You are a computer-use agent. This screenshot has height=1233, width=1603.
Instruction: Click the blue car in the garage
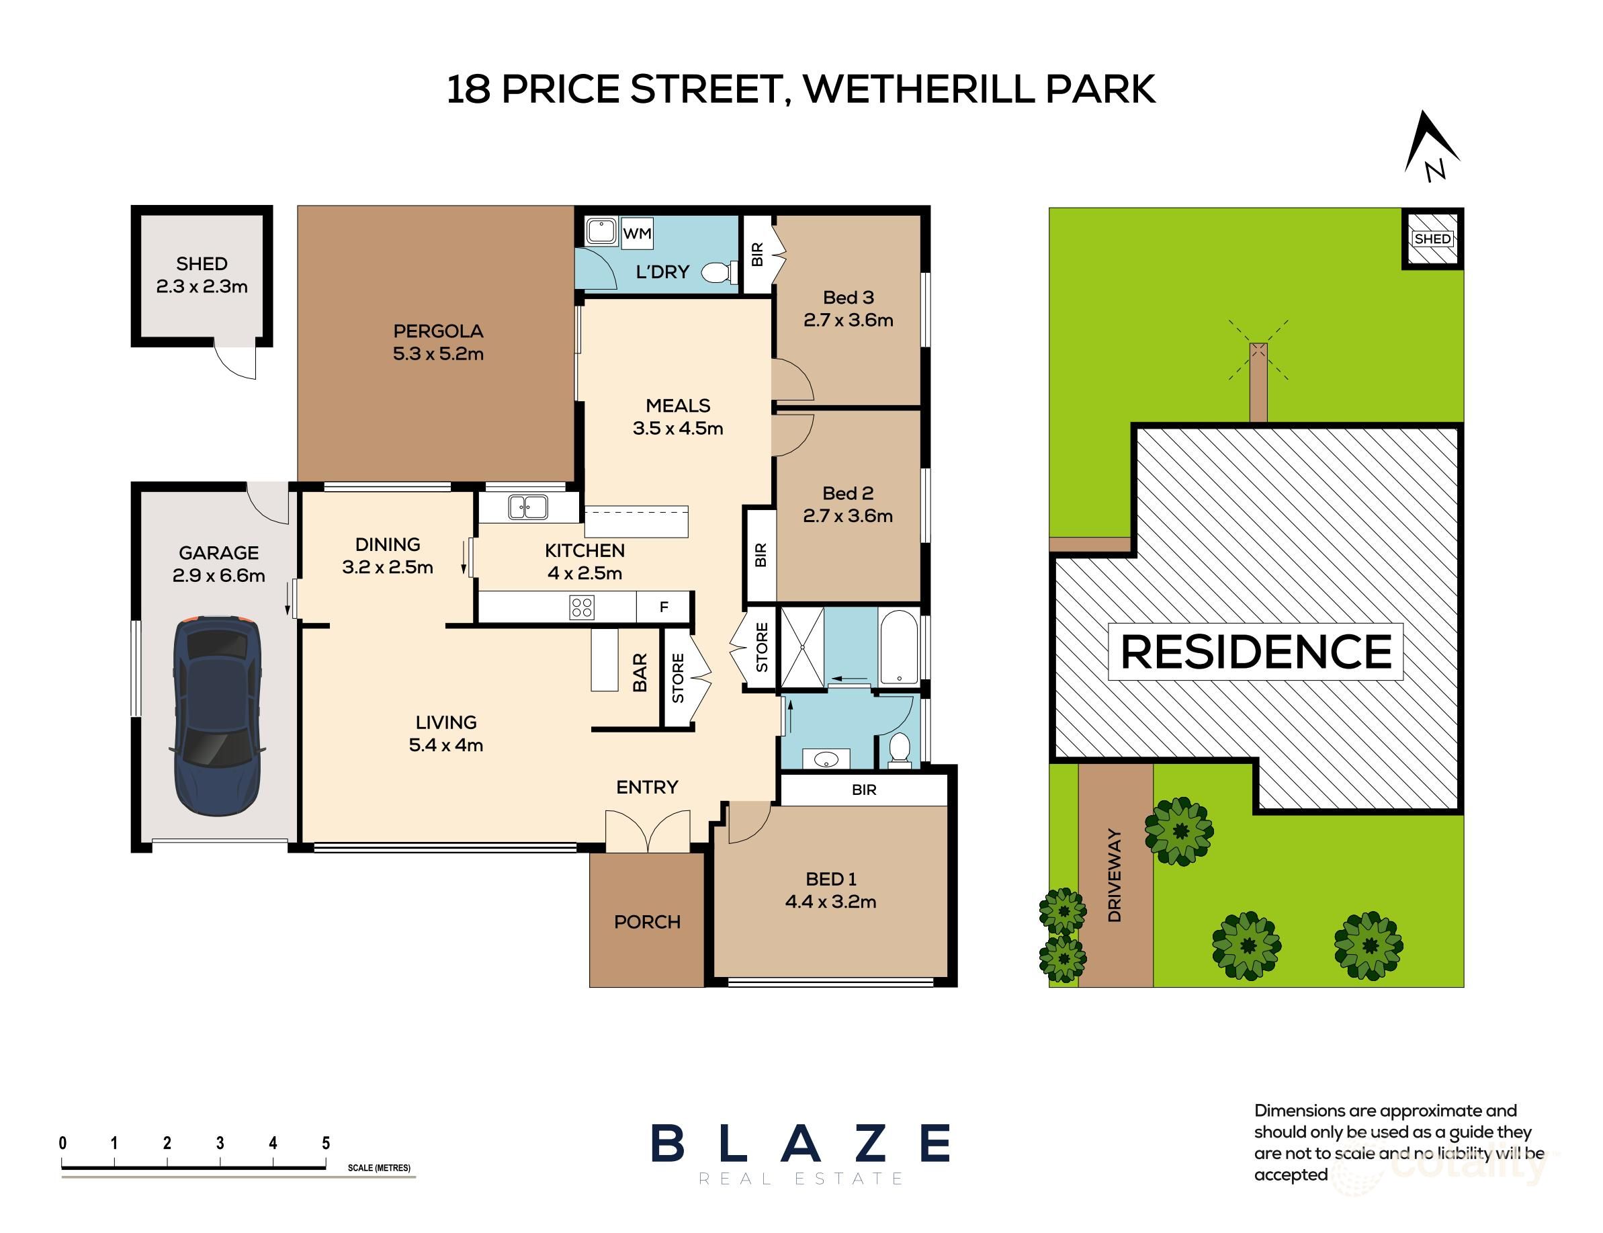(x=217, y=716)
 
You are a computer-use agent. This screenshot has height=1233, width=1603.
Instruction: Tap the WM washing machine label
(x=637, y=233)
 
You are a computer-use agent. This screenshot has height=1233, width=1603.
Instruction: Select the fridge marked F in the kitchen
(x=663, y=607)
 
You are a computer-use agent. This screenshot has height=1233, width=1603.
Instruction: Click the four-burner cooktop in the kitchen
(x=582, y=607)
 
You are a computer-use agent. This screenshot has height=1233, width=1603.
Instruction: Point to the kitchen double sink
(x=527, y=507)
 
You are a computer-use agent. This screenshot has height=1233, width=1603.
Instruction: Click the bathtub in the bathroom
(x=898, y=647)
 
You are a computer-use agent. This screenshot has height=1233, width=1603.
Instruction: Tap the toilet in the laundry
(x=718, y=273)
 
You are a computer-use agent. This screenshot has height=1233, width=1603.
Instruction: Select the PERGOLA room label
(x=438, y=331)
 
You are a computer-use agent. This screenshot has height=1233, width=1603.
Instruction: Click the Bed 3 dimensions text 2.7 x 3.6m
(x=848, y=320)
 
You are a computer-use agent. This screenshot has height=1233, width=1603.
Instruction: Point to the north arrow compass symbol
(x=1431, y=145)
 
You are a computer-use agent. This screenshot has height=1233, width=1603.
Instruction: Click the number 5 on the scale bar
(x=326, y=1143)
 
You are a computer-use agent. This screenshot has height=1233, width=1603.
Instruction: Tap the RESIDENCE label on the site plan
(x=1256, y=652)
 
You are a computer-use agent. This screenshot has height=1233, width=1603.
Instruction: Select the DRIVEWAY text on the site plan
(x=1115, y=876)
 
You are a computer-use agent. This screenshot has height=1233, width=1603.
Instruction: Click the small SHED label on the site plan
(x=1432, y=239)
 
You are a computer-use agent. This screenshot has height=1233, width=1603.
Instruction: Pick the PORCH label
(x=647, y=922)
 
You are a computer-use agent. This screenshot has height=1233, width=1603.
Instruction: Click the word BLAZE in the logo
(x=800, y=1144)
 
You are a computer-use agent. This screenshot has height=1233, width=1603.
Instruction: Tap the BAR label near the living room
(x=640, y=673)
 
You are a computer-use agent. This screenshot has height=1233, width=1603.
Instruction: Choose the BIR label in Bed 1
(x=864, y=790)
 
